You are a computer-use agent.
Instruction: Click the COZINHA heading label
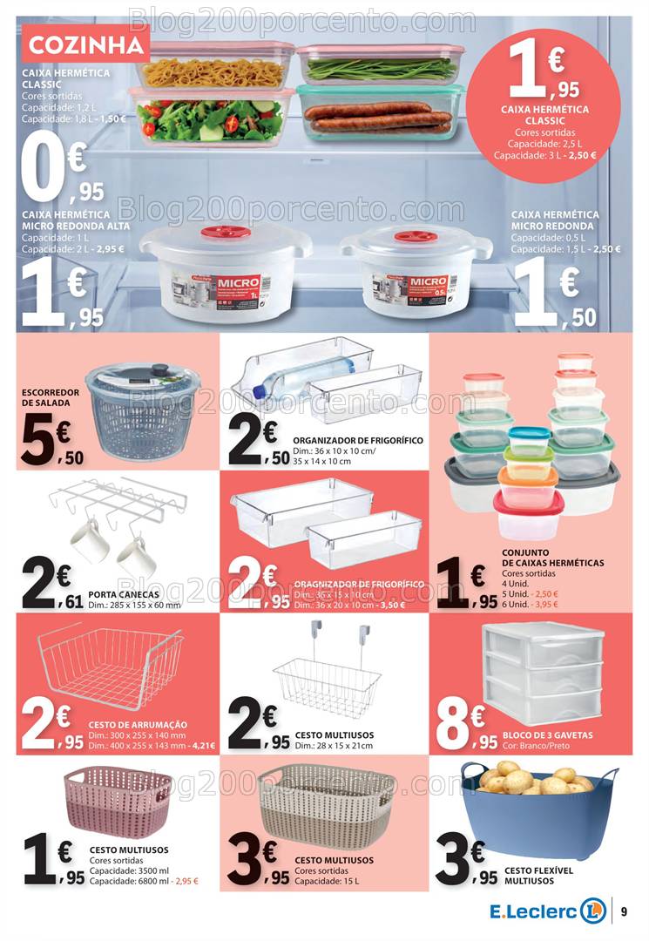[x=85, y=44]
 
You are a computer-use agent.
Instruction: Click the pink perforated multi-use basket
[x=117, y=801]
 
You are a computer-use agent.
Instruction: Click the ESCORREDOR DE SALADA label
[x=51, y=397]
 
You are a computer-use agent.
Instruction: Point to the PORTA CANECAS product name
[x=124, y=593]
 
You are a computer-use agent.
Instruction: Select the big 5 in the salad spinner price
[x=37, y=439]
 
